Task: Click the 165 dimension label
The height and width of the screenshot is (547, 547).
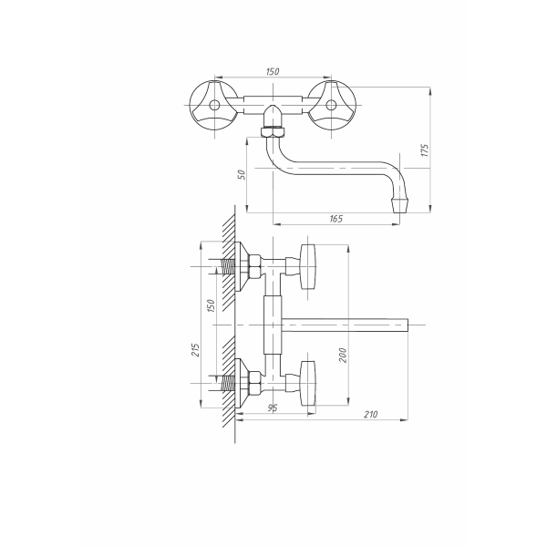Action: [335, 219]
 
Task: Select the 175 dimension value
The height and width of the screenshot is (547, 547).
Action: [425, 150]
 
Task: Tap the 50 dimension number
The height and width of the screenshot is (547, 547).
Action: [242, 174]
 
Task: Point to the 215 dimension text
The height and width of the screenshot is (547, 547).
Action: [196, 350]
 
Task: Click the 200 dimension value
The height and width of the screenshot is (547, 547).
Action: [343, 356]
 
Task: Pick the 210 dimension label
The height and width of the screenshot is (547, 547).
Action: [370, 414]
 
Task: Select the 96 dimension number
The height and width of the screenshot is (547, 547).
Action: [273, 408]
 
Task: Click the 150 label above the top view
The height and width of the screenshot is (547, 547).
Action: [273, 71]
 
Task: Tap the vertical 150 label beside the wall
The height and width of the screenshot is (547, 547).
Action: [211, 305]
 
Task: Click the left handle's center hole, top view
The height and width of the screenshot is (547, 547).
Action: [214, 104]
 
